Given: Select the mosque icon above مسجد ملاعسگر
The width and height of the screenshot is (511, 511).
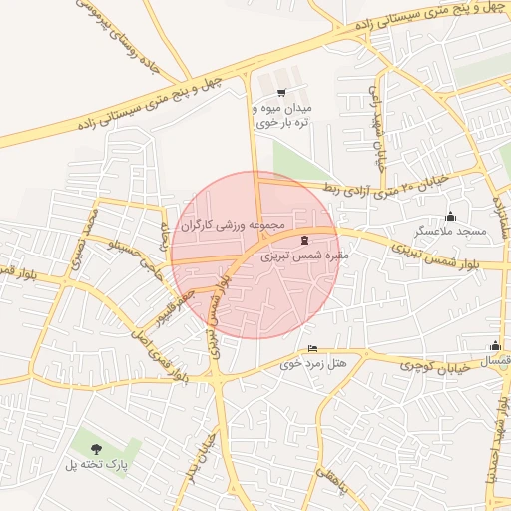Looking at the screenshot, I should [x=450, y=216].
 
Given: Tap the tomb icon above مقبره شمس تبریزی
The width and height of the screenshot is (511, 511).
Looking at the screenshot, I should [x=304, y=241].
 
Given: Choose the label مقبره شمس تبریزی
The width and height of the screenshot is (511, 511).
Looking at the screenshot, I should [x=300, y=255].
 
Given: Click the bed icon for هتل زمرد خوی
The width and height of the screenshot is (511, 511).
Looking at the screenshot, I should [x=313, y=349].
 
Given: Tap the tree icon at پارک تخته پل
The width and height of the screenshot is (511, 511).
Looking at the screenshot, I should [x=96, y=449].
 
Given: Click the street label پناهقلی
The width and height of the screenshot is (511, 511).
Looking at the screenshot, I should [x=328, y=480].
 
